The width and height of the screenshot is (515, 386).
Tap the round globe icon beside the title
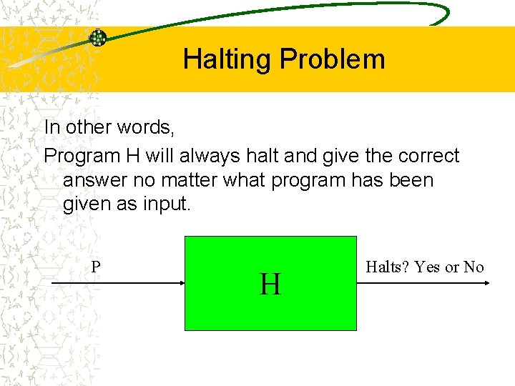(x=97, y=38)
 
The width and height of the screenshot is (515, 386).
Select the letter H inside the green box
(x=270, y=284)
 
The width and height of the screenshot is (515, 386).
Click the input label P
(x=96, y=267)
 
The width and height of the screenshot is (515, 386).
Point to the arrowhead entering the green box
(x=180, y=284)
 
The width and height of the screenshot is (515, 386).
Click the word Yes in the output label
(x=428, y=267)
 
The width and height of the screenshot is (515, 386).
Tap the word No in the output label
(x=474, y=267)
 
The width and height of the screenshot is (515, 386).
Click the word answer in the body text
(x=96, y=179)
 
